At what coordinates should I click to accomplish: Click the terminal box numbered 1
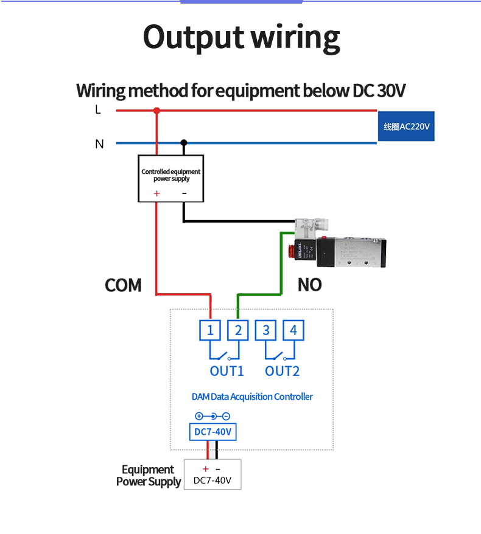[x=211, y=330]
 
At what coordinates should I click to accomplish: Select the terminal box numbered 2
[x=238, y=330]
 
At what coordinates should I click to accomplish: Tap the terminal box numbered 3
[x=266, y=330]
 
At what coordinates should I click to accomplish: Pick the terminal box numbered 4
[x=293, y=330]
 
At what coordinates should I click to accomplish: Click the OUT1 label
[x=226, y=371]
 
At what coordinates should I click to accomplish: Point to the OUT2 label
[x=283, y=371]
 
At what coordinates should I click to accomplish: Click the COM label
[x=123, y=285]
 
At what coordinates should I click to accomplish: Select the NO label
[x=309, y=285]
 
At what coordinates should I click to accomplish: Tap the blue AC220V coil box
[x=406, y=127]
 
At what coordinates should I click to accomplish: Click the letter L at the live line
[x=98, y=110]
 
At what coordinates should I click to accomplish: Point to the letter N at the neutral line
[x=99, y=144]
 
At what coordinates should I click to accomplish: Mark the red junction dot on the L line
[x=156, y=111]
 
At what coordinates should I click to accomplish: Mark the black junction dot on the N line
[x=184, y=143]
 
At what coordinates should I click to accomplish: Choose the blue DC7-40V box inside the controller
[x=212, y=432]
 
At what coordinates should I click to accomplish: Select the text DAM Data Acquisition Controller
[x=252, y=397]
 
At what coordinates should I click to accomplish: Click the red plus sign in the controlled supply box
[x=156, y=193]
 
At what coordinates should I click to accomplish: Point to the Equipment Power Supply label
[x=149, y=476]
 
